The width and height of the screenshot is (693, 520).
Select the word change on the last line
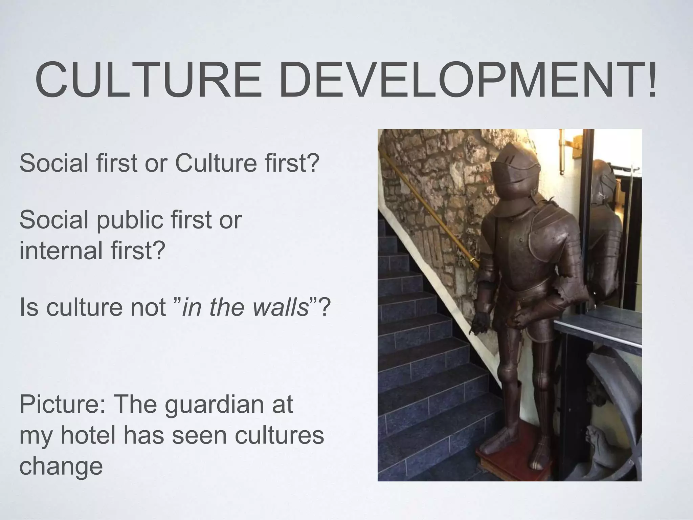tap(61, 466)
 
